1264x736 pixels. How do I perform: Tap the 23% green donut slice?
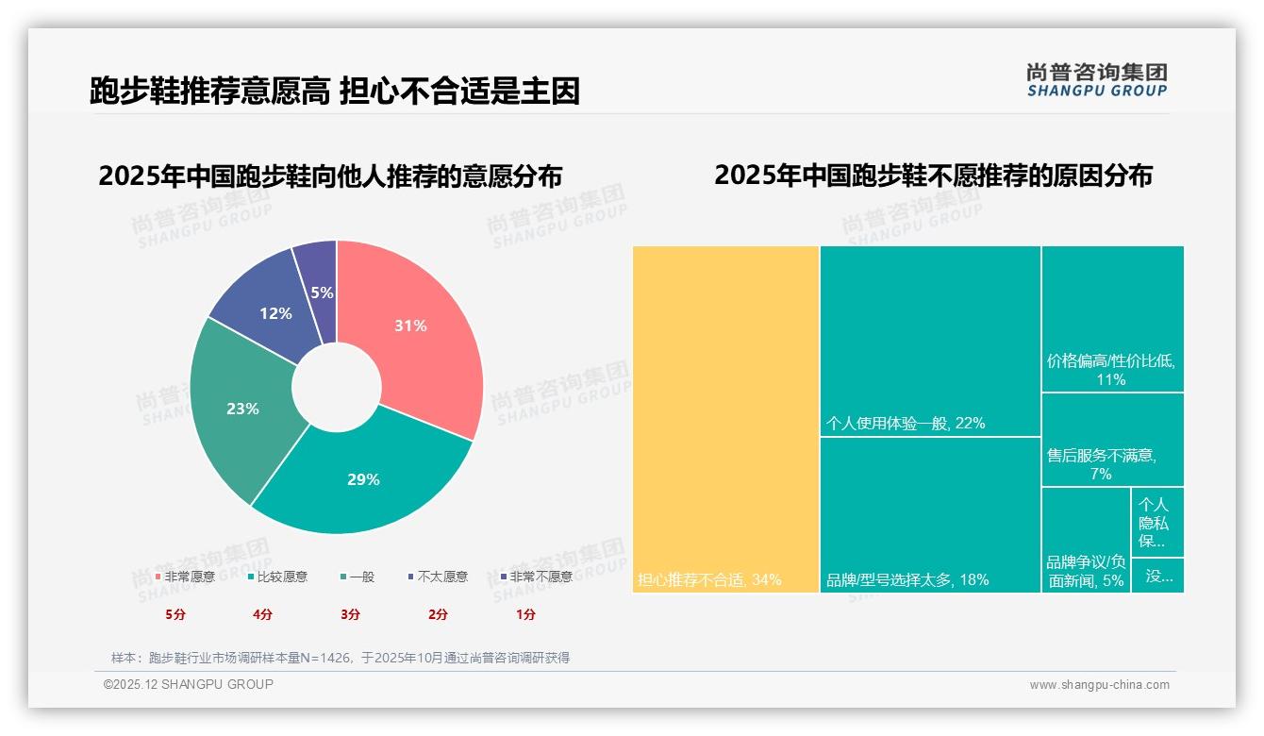pyautogui.click(x=242, y=409)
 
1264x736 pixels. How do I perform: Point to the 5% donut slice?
pyautogui.click(x=321, y=278)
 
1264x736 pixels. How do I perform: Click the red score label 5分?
pyautogui.click(x=175, y=614)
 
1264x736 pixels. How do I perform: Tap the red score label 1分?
pyautogui.click(x=525, y=614)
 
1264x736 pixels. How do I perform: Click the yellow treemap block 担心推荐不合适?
pyautogui.click(x=725, y=419)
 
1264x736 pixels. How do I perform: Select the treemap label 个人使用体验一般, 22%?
pyautogui.click(x=906, y=424)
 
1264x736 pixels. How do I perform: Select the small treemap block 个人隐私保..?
pyautogui.click(x=1156, y=523)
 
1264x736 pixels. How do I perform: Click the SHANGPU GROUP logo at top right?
pyautogui.click(x=1096, y=79)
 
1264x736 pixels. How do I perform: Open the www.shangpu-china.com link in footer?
pyautogui.click(x=1099, y=685)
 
